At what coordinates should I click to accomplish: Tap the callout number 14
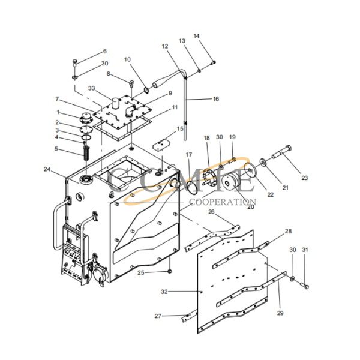tap(196, 37)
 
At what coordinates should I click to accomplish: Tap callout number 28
tap(288, 232)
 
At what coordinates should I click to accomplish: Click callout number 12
tap(165, 46)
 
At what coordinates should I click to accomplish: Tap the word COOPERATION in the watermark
tap(223, 202)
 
